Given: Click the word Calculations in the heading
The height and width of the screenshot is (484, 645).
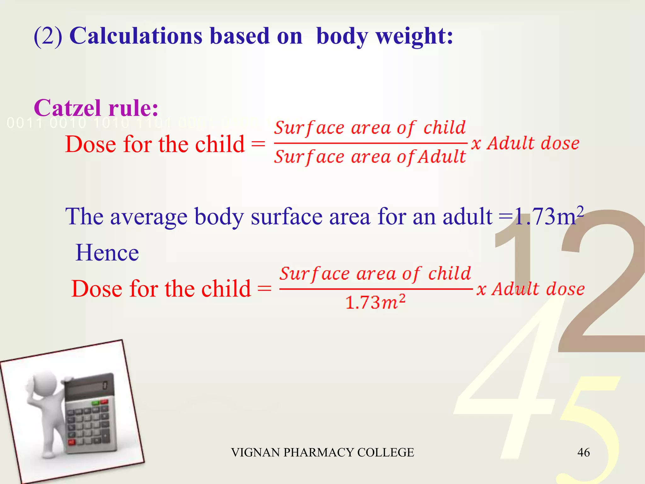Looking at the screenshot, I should pos(136,36).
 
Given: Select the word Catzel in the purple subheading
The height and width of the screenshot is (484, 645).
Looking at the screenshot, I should pos(67,108).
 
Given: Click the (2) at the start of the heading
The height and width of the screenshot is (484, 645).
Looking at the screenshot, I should pos(48,36).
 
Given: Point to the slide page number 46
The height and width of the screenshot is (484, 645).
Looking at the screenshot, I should pos(583,452).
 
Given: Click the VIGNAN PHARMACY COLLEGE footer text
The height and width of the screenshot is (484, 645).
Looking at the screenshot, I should pos(322,452).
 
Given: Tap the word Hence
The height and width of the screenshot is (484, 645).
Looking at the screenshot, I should pos(107,253).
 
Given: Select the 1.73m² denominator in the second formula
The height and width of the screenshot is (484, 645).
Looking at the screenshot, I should pos(375,302).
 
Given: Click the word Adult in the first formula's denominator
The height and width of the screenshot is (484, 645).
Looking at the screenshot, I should pos(442,157).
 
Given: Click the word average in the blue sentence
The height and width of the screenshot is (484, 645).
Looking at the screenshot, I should pos(149,217).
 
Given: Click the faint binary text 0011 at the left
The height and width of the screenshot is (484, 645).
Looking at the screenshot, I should pos(24,123).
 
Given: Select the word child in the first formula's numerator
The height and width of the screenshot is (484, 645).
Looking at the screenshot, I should pos(444,128).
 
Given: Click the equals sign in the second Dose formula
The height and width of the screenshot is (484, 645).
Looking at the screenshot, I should pos(264,289).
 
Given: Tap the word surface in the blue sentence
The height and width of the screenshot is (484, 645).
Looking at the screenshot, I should pos(287,217).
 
